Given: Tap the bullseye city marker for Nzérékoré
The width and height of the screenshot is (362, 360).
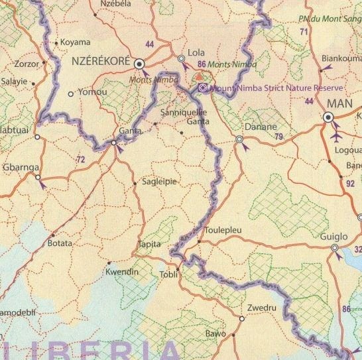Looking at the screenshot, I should pyautogui.click(x=139, y=64).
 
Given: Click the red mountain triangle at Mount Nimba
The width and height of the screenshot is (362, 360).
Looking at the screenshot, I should pyautogui.click(x=200, y=78).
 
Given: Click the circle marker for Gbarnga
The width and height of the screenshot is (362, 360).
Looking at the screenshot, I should pyautogui.click(x=37, y=178).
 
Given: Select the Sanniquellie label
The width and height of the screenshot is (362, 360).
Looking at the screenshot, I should pyautogui.click(x=184, y=113).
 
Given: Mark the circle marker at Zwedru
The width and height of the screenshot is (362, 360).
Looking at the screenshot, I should pyautogui.click(x=242, y=318).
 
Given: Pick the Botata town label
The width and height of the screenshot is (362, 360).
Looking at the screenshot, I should pyautogui.click(x=60, y=243).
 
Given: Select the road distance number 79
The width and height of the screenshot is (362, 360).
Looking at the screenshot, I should pyautogui.click(x=278, y=137).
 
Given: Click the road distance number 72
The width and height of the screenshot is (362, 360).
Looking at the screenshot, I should pyautogui.click(x=81, y=160).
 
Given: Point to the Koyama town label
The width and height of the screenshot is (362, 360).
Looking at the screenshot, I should pyautogui.click(x=75, y=43).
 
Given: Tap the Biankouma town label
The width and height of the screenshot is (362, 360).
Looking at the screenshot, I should pyautogui.click(x=339, y=58).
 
